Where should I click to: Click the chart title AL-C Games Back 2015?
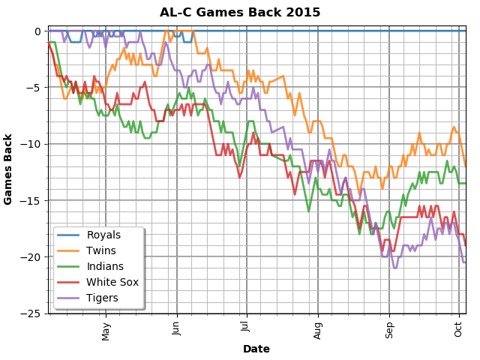point(240,12)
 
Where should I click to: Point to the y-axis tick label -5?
point(35,88)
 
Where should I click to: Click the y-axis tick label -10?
point(33,144)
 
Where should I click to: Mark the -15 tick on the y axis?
point(33,200)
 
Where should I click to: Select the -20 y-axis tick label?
point(33,257)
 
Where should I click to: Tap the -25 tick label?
point(33,313)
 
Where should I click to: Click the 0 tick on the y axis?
point(37,31)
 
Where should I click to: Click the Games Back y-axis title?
point(9,169)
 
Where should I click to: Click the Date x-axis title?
point(256,349)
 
